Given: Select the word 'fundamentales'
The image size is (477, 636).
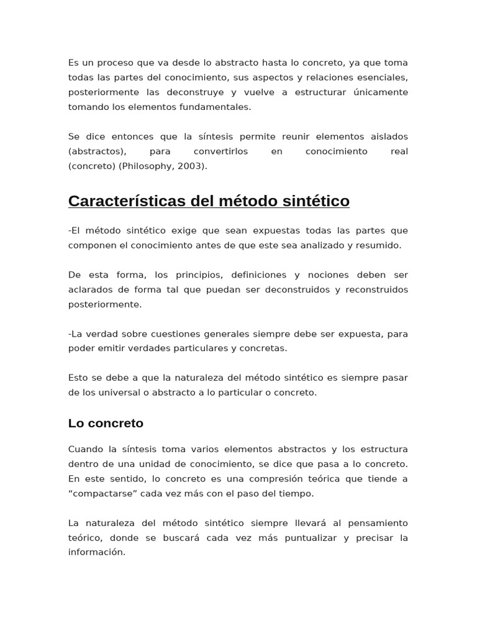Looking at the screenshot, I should pos(219,107).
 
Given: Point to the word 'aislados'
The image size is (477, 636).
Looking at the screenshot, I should pos(389,137).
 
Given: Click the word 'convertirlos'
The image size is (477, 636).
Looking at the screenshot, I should pos(220,152).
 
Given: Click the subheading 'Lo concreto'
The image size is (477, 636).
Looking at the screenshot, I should pos(106,423).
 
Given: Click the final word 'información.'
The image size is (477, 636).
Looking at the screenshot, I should pos(96,552).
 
